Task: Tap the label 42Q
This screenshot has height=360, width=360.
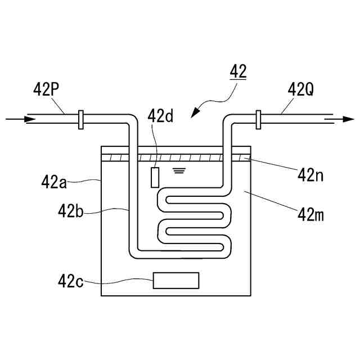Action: (300, 89)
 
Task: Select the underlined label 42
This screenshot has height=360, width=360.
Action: (237, 73)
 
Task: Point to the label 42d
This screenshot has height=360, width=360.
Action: (160, 116)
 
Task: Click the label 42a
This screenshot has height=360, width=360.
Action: (54, 182)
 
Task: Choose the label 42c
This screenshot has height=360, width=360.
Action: (71, 280)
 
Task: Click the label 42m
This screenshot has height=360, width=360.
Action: (314, 214)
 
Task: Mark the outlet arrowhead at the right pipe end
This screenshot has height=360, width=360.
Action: (348, 119)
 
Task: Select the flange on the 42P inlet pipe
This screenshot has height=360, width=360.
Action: (81, 119)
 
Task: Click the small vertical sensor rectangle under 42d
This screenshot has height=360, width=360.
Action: (155, 177)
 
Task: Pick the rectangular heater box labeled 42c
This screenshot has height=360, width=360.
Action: (176, 280)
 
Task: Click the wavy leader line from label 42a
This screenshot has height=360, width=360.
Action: (84, 181)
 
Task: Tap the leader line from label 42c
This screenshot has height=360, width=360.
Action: (118, 280)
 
